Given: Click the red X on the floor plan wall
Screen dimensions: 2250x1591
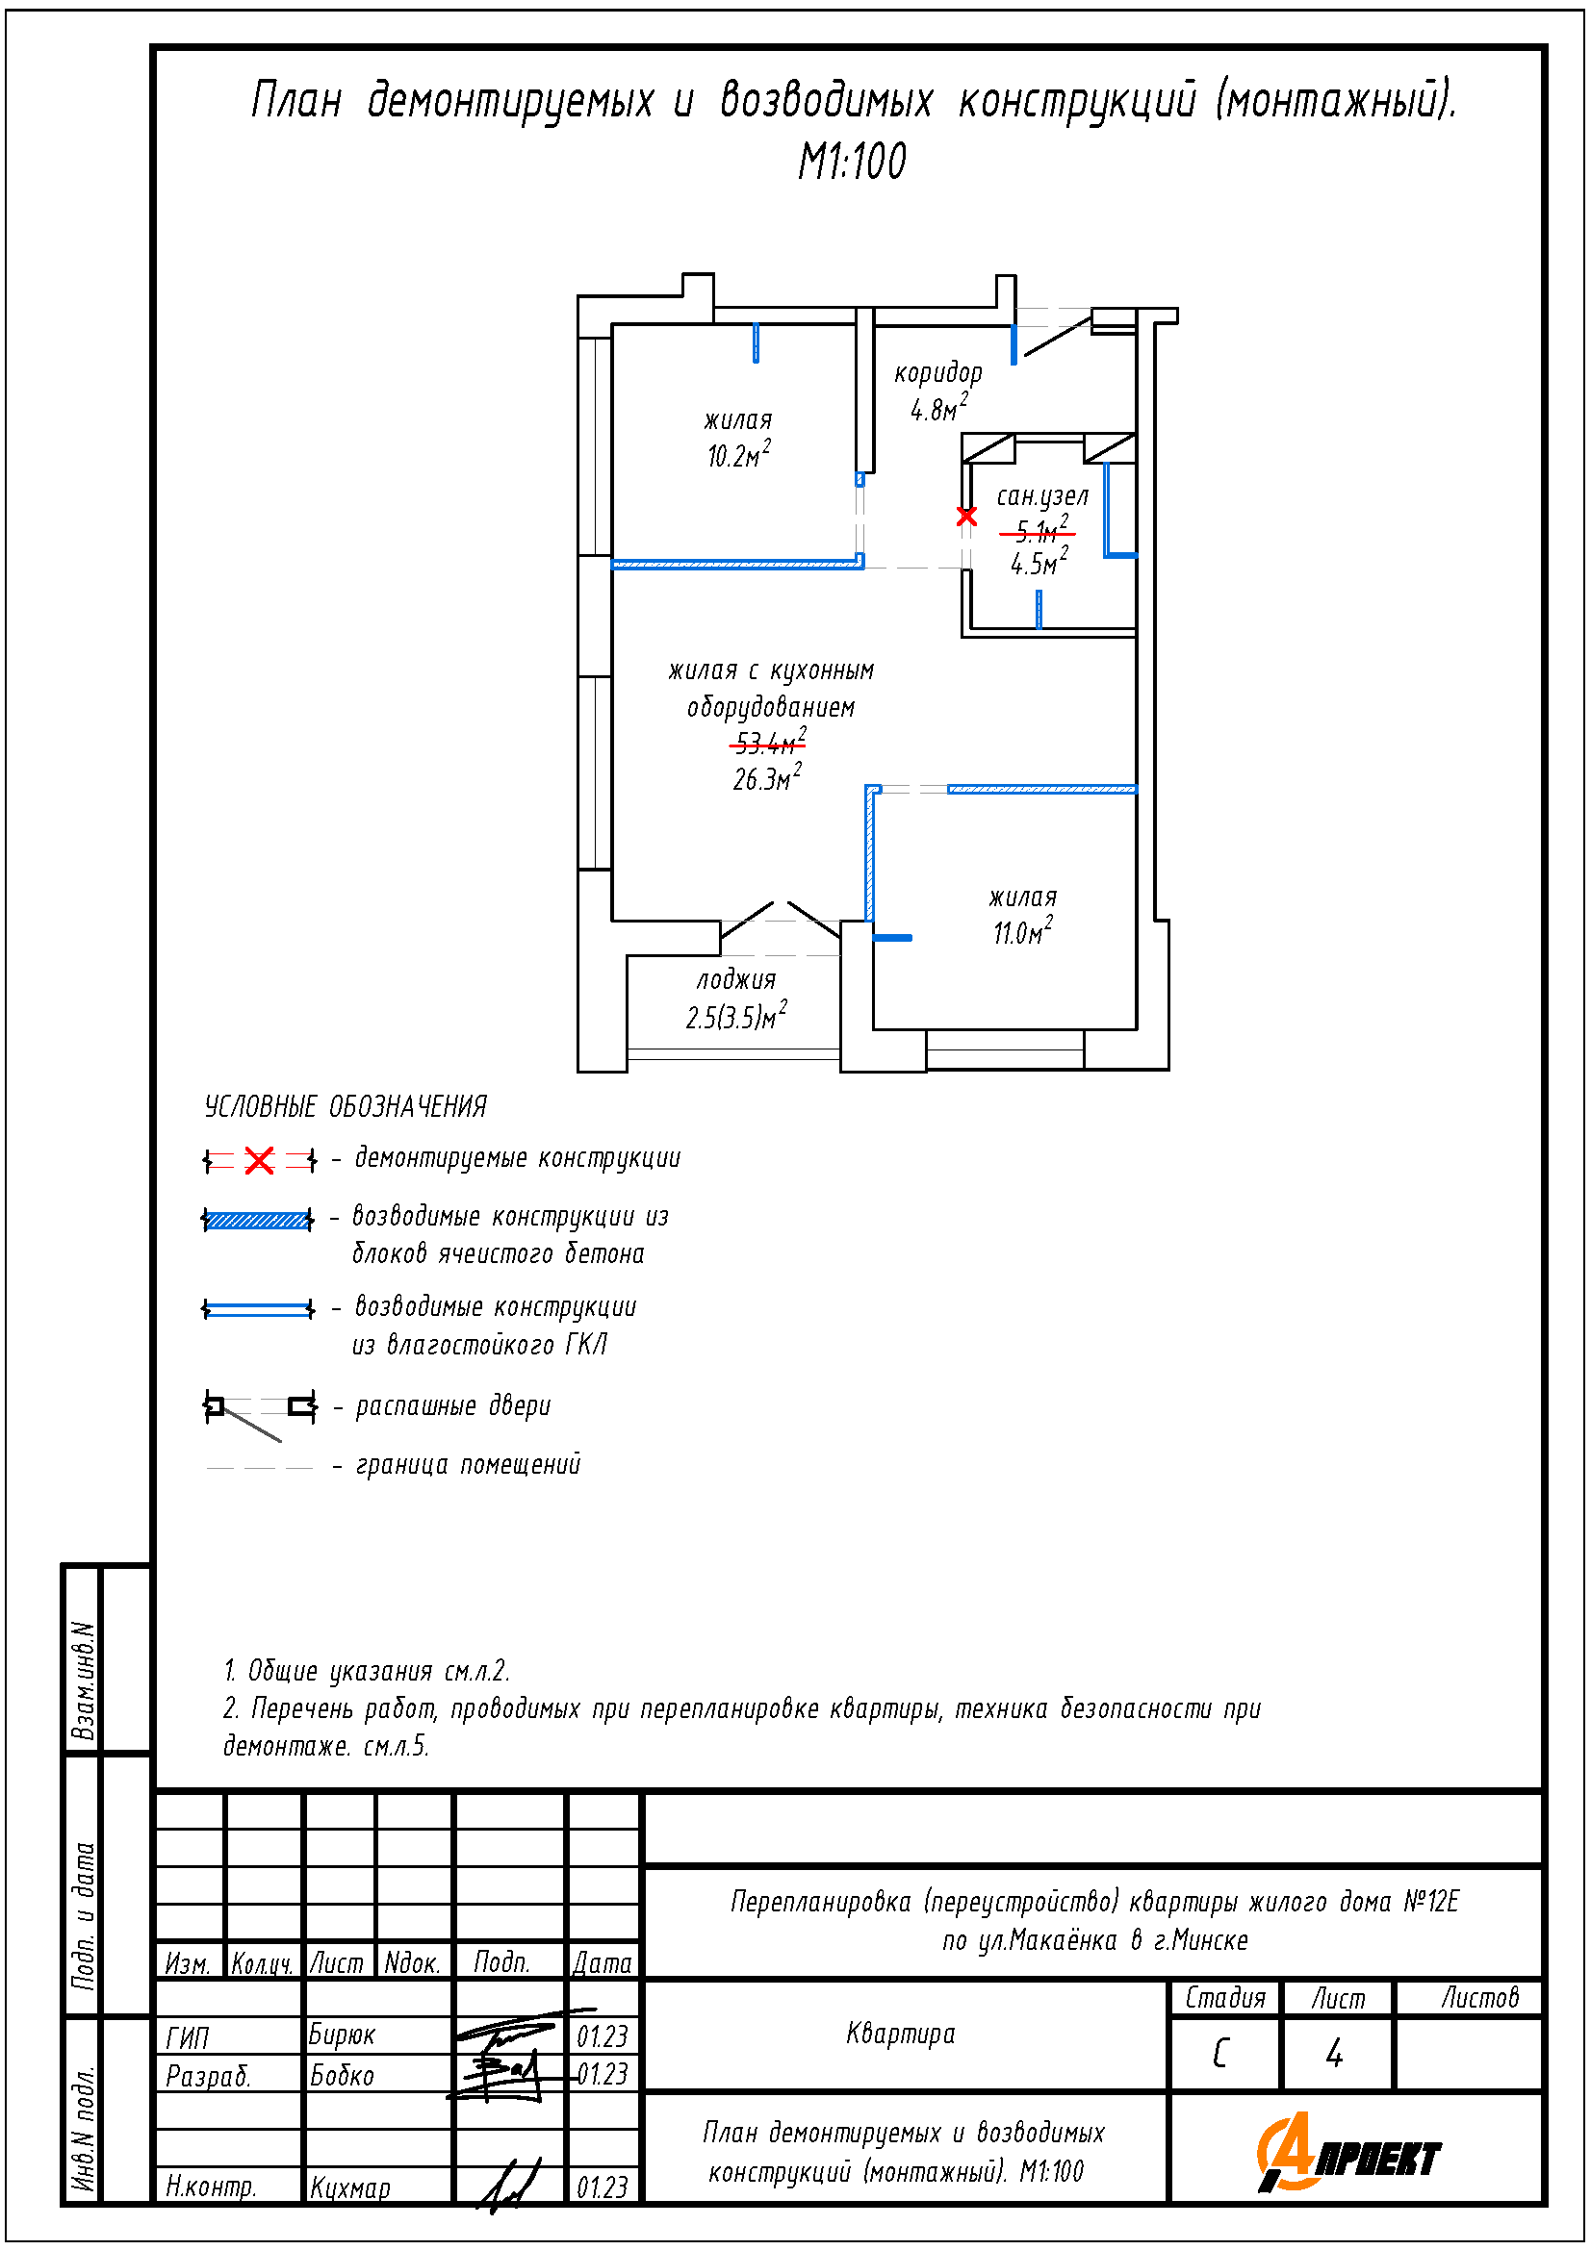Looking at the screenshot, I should pyautogui.click(x=966, y=516).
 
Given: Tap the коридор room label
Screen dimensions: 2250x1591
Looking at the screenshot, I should pyautogui.click(x=937, y=372).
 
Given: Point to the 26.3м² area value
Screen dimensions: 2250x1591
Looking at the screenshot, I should pyautogui.click(x=766, y=778).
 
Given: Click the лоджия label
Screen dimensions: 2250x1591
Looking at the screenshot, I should pyautogui.click(x=736, y=980).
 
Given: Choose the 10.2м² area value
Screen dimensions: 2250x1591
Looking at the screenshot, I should pyautogui.click(x=738, y=455).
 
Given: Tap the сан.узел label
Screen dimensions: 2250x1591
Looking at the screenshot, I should pyautogui.click(x=1042, y=495).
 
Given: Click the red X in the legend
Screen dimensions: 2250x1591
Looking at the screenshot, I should pyautogui.click(x=259, y=1161).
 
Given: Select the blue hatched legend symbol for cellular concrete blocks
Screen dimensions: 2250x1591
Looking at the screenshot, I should pyautogui.click(x=257, y=1220).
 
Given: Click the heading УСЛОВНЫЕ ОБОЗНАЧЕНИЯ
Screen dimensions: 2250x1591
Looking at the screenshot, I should pyautogui.click(x=346, y=1107).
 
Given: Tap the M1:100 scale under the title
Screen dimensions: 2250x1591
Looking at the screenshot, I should pyautogui.click(x=852, y=162).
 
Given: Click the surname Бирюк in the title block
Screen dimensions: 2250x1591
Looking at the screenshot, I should pyautogui.click(x=341, y=2035).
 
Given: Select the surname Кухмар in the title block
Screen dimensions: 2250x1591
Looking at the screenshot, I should pyautogui.click(x=350, y=2187).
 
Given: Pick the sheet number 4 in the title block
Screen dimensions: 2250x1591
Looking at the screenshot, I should pyautogui.click(x=1334, y=2053).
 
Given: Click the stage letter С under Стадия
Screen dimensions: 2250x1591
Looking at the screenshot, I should pyautogui.click(x=1220, y=2053).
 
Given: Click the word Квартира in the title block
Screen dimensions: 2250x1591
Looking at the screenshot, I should pyautogui.click(x=900, y=2034).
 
